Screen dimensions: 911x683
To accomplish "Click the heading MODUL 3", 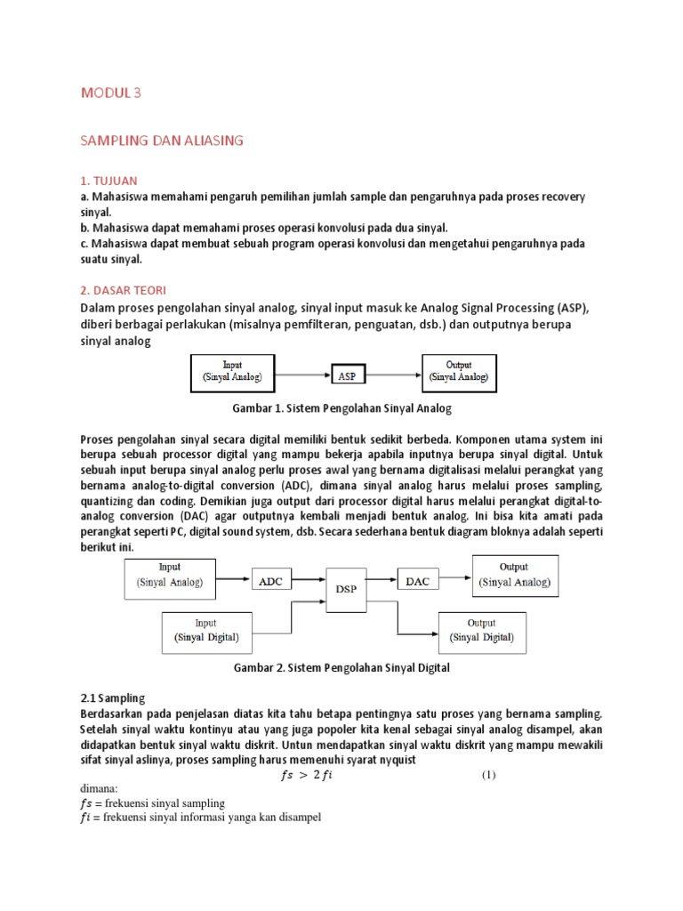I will point(111,92).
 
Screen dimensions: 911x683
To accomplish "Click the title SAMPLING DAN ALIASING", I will point(162,140).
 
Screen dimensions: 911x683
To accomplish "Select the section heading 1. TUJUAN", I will point(108,181).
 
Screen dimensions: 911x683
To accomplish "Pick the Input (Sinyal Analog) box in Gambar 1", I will point(233,372).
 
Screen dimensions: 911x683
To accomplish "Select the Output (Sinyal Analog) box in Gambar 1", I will point(458,372).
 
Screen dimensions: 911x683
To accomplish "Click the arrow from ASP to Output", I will point(394,374).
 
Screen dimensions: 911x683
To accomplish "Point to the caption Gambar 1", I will point(341,408).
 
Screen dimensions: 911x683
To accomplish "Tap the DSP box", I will point(347,588).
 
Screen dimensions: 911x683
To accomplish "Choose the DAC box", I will point(417,581).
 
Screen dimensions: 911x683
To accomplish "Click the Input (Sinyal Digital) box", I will point(205,630).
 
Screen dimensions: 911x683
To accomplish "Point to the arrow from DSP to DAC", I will point(382,581).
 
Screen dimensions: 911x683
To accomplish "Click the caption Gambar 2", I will point(341,667).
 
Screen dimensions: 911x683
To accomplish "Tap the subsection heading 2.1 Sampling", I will point(113,698).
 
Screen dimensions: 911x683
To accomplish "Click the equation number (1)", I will point(488,775).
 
